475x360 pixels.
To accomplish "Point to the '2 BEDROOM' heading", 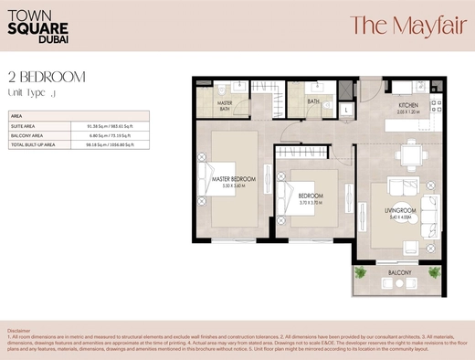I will tap(47, 77).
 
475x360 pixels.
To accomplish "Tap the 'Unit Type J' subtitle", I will tap(32, 93).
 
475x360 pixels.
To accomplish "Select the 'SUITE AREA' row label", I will tap(24, 126).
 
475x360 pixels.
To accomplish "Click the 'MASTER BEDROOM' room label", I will tap(233, 178).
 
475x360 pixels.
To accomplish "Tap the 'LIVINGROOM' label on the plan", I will tap(400, 211).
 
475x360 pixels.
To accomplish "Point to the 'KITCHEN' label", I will tap(406, 105).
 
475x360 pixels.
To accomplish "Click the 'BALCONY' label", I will tap(399, 273).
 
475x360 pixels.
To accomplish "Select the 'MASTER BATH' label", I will tap(225, 107).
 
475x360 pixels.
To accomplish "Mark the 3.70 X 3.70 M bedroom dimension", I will tap(311, 202).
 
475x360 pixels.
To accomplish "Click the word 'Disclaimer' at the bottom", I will tap(18, 329).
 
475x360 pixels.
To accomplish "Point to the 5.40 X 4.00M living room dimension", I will tap(400, 217).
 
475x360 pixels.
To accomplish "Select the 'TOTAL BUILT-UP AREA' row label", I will tap(33, 144).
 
